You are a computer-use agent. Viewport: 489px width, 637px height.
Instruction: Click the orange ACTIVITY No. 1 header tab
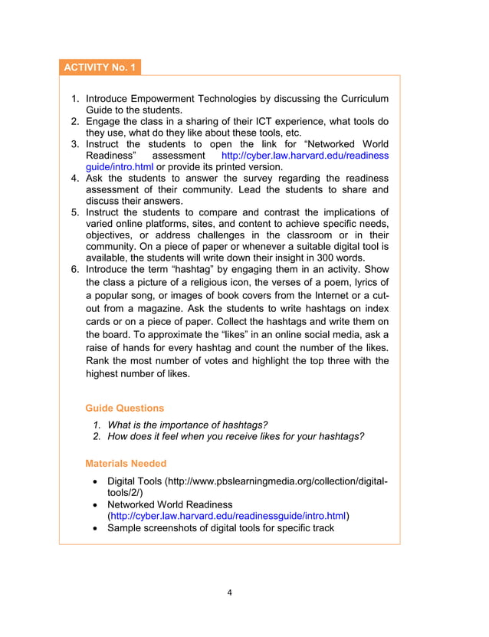pyautogui.click(x=100, y=67)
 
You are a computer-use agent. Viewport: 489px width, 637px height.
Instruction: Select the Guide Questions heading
pyautogui.click(x=124, y=408)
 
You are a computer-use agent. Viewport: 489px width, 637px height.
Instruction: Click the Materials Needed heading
pyautogui.click(x=126, y=463)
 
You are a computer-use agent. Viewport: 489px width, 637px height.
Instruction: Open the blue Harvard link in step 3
pyautogui.click(x=304, y=156)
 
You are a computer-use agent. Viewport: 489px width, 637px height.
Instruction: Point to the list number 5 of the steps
pyautogui.click(x=75, y=212)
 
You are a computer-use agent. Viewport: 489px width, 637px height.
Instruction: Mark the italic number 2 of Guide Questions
pyautogui.click(x=97, y=437)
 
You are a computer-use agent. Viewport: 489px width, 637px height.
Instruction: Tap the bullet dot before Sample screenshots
pyautogui.click(x=94, y=528)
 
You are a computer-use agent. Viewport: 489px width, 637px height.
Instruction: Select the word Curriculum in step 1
pyautogui.click(x=362, y=99)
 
